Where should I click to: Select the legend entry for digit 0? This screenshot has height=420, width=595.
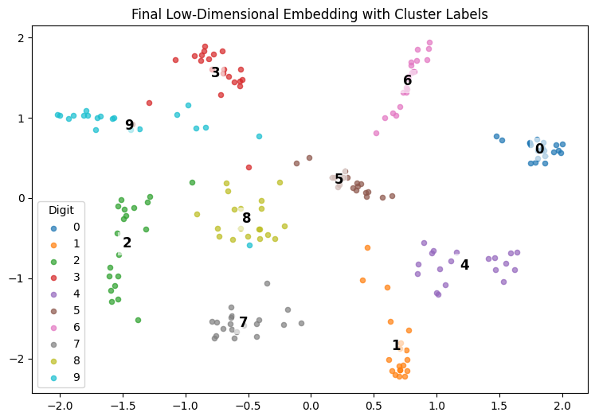pos(76,227)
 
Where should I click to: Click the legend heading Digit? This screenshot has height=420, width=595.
pos(61,211)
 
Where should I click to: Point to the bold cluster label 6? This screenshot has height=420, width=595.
pos(407,80)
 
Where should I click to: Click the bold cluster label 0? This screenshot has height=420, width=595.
pos(539,149)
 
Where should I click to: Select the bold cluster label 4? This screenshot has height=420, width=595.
pos(464,265)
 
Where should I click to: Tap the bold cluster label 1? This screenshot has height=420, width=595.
pos(396,345)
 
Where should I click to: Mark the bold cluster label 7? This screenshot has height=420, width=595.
pos(243,322)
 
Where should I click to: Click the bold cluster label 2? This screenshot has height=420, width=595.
pos(127,243)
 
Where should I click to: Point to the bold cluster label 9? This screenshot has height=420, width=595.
pos(129,125)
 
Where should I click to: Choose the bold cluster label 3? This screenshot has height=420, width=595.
pos(215,73)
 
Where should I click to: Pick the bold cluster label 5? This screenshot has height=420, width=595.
pos(339,179)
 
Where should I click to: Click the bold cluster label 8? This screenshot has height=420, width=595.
pos(246,218)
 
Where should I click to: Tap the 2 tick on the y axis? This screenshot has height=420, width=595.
pos(24,38)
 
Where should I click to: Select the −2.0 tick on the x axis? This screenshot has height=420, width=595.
pos(60,404)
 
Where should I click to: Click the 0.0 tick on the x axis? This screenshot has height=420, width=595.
pos(311,404)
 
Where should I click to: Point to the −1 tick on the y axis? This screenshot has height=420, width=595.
pos(21,278)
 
